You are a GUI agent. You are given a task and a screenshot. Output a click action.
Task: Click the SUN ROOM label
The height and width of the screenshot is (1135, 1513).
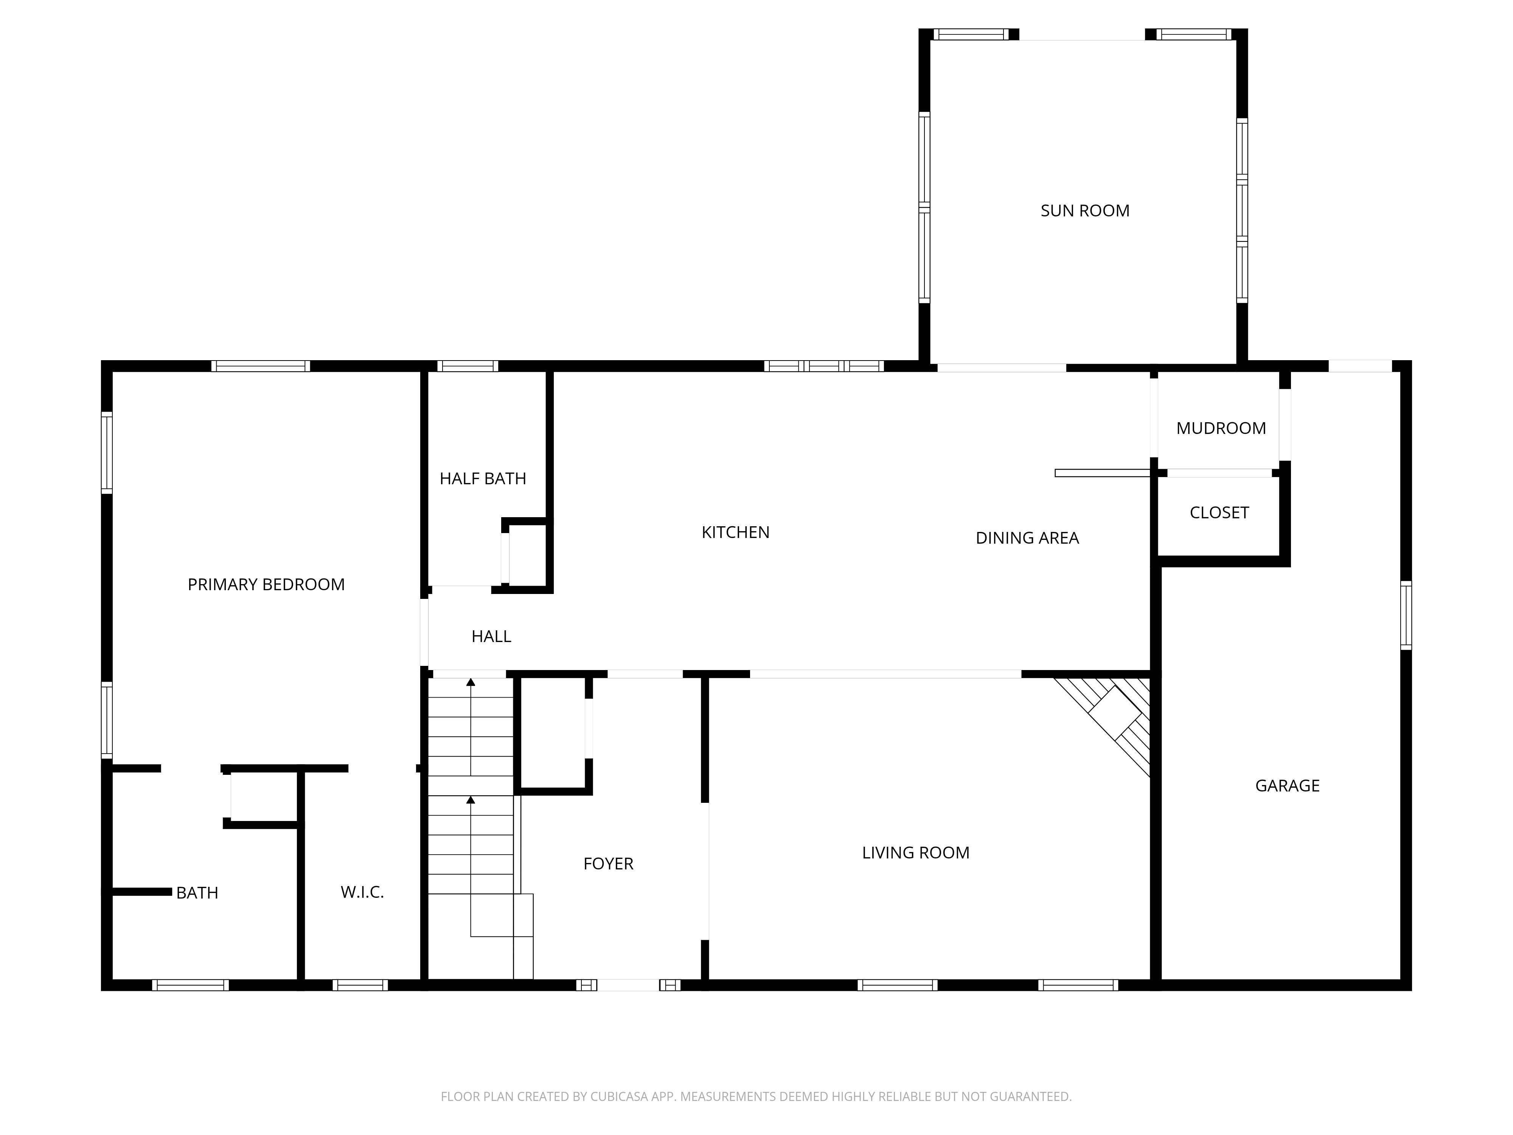(1085, 211)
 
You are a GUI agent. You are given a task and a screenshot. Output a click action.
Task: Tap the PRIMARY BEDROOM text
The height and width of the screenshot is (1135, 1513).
(266, 584)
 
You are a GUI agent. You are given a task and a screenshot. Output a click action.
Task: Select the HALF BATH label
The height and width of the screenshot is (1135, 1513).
(483, 478)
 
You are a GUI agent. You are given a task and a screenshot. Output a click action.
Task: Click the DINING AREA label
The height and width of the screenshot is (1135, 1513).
(1027, 538)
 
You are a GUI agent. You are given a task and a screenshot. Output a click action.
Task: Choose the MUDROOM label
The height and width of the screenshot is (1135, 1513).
(1221, 428)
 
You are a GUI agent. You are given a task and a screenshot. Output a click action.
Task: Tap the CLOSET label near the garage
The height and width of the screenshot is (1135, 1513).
(1219, 512)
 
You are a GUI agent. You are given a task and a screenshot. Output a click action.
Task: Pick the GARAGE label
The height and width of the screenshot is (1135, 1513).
(1287, 785)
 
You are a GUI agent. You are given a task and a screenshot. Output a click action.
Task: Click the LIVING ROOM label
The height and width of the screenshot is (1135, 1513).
(916, 852)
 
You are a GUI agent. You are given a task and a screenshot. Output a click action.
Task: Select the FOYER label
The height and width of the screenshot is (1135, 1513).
(608, 863)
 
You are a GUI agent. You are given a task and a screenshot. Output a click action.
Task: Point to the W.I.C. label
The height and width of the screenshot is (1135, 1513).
(362, 892)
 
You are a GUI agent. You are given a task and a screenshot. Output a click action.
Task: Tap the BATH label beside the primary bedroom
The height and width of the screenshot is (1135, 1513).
(197, 893)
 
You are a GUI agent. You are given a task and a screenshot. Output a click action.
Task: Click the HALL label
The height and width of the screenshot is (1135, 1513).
(491, 636)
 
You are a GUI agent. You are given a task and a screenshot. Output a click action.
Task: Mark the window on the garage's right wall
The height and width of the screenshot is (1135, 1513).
(1406, 615)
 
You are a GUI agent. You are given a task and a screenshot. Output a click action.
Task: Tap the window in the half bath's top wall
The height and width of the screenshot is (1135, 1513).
(467, 366)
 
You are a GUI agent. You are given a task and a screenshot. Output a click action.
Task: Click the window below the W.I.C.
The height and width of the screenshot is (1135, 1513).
(360, 985)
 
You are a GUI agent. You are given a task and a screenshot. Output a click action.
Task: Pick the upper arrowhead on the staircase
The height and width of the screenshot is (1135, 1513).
(471, 682)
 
